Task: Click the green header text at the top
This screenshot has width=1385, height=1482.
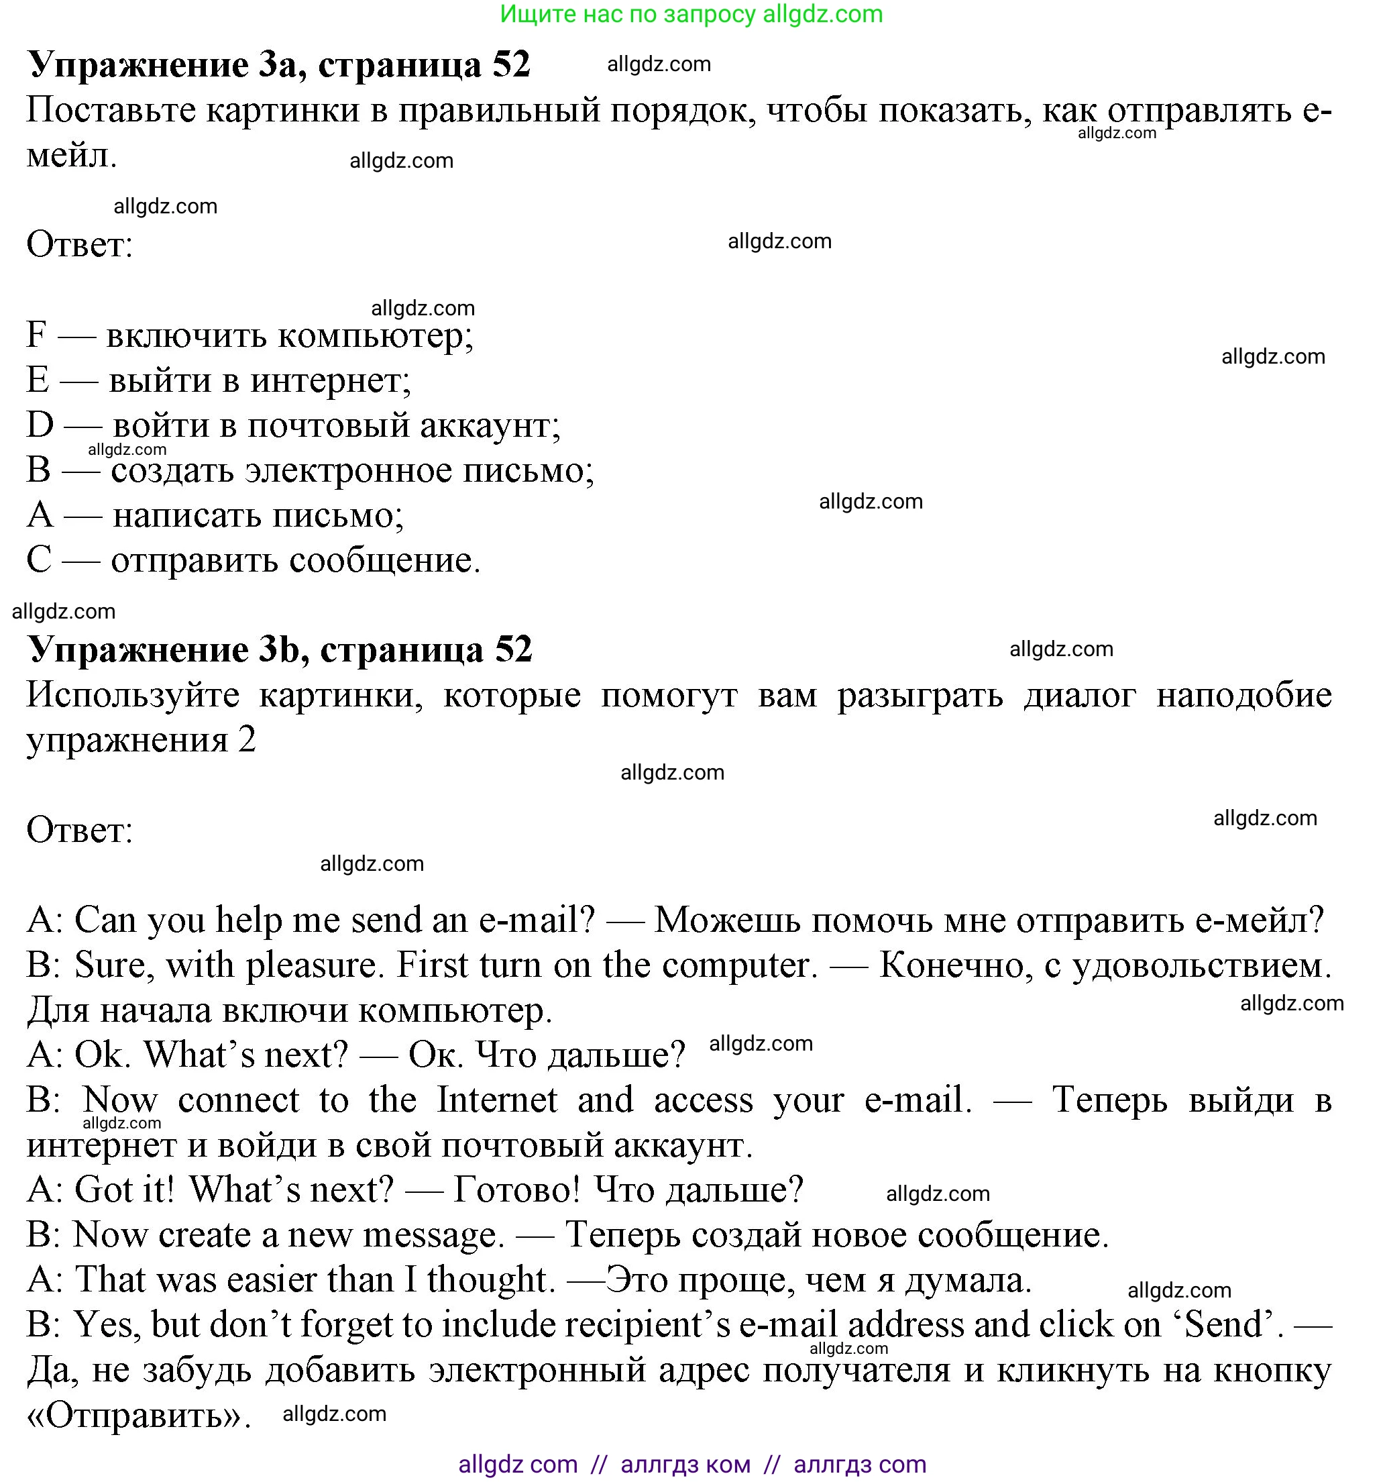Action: click(691, 14)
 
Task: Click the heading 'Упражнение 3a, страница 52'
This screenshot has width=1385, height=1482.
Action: click(278, 65)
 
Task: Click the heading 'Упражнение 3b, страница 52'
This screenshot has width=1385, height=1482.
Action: click(280, 649)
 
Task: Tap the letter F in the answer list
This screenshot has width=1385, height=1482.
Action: click(36, 335)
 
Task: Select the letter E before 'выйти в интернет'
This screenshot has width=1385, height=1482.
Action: click(38, 380)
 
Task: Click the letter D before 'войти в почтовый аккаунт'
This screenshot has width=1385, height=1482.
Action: click(40, 425)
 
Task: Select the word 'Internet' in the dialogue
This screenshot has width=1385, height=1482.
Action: click(496, 1100)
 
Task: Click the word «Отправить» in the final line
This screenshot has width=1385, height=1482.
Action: click(139, 1416)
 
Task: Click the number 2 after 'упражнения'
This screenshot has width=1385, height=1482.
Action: click(247, 740)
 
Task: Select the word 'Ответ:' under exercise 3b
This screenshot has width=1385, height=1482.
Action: click(80, 830)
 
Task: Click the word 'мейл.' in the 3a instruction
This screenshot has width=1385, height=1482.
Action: click(72, 156)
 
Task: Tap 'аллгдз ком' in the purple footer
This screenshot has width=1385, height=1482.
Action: click(685, 1464)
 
